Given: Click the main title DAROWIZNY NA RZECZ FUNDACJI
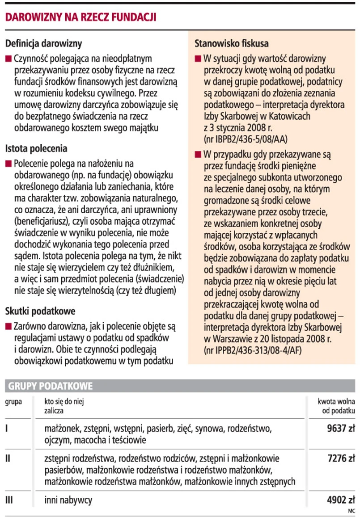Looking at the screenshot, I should point(80,17).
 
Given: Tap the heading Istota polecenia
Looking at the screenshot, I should point(36,148).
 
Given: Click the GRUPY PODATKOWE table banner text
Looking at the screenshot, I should point(50,386).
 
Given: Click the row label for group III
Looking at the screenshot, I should point(8,500).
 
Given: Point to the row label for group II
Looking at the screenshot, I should point(7,459).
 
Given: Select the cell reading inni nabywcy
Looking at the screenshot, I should point(68,500).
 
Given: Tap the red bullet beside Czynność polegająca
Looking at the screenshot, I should point(8,59).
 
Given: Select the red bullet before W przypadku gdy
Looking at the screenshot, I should point(198,156).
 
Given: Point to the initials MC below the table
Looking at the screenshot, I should point(351,510).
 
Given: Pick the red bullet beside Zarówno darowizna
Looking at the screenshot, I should point(8,327).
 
